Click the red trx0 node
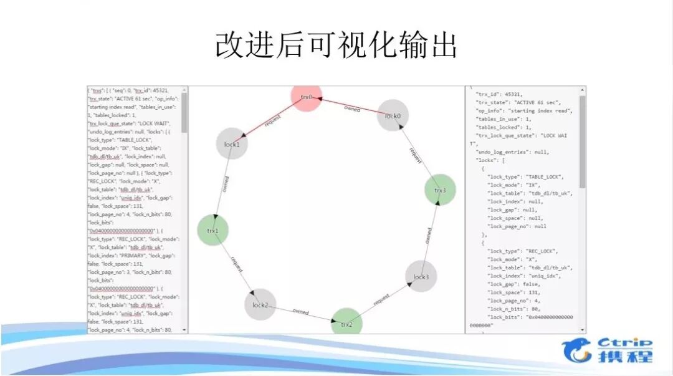[307, 97]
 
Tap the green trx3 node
[440, 190]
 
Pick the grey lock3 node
[421, 277]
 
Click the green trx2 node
[346, 323]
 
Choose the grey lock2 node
[260, 305]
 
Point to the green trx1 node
[213, 230]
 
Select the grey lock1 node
[232, 144]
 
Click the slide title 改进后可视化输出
[336, 46]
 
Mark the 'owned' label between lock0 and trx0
[352, 108]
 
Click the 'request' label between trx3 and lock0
[416, 155]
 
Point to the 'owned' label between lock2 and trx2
[301, 311]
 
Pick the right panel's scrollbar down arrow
[583, 329]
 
